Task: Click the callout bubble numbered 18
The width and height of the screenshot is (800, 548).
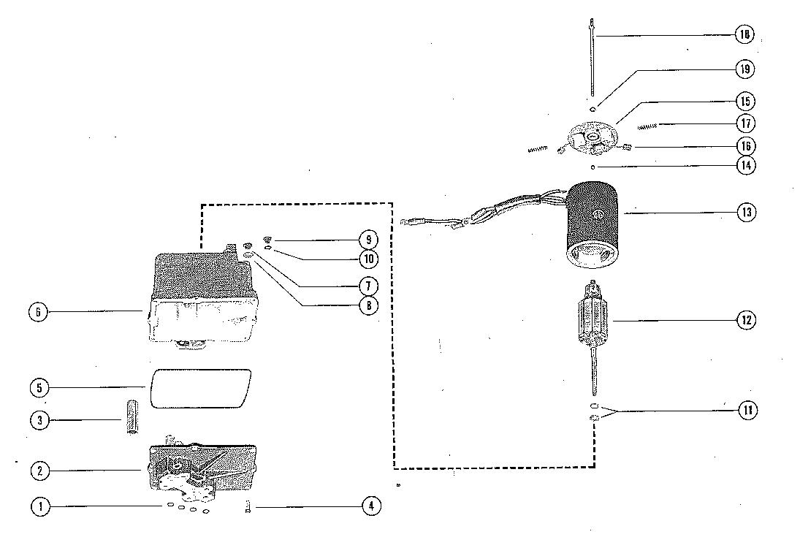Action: click(744, 35)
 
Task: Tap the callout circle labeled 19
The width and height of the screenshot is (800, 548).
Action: click(744, 69)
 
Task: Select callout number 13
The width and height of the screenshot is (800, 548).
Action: click(744, 213)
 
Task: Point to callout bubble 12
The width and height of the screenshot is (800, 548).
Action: click(744, 320)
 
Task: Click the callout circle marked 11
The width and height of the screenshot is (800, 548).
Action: click(744, 411)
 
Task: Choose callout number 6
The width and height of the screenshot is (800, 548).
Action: click(38, 312)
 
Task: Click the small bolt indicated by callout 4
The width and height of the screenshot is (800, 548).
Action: click(248, 506)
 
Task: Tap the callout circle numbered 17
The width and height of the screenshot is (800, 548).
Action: click(744, 123)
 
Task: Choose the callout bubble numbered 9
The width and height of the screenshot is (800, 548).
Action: click(369, 240)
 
